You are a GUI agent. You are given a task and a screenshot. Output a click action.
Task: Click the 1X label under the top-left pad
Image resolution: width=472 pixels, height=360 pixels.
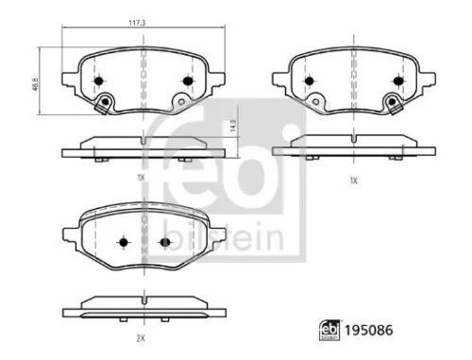pyautogui.click(x=140, y=178)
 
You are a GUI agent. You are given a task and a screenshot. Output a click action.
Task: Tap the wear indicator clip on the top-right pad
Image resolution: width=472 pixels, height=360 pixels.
pyautogui.click(x=389, y=103)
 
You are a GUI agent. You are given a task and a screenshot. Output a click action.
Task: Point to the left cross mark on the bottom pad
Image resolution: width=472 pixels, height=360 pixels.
pyautogui.click(x=123, y=243)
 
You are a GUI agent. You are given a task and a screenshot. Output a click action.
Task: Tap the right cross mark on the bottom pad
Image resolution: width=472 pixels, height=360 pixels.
pyautogui.click(x=164, y=243)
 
